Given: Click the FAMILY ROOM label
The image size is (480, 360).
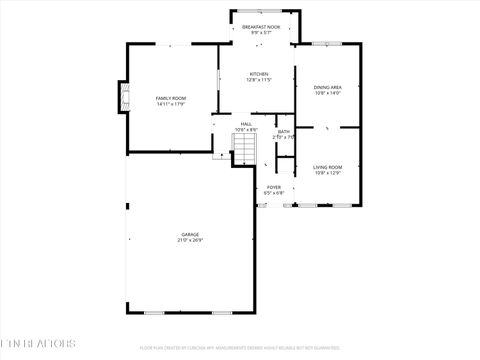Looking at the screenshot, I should click(171, 98).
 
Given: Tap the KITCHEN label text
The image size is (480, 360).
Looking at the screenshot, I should click(259, 74).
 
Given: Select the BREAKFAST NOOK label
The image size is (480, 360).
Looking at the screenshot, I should click(261, 27).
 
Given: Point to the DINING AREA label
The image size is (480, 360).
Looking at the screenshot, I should click(328, 87).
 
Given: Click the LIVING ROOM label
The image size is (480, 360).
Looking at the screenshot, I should click(327, 167).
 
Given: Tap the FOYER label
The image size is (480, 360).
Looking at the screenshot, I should click(273, 187).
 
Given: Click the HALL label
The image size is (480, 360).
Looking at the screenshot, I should click(246, 124).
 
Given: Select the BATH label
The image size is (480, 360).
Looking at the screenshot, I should click(284, 131).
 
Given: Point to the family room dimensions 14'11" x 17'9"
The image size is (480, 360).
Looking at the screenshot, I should click(171, 104).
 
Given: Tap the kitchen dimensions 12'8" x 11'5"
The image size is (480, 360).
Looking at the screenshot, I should click(259, 80).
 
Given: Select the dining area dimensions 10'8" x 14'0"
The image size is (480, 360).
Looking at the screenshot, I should click(328, 93).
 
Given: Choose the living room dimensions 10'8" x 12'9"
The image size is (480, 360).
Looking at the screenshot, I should click(327, 173).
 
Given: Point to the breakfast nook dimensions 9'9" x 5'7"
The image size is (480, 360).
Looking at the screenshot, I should click(261, 33).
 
